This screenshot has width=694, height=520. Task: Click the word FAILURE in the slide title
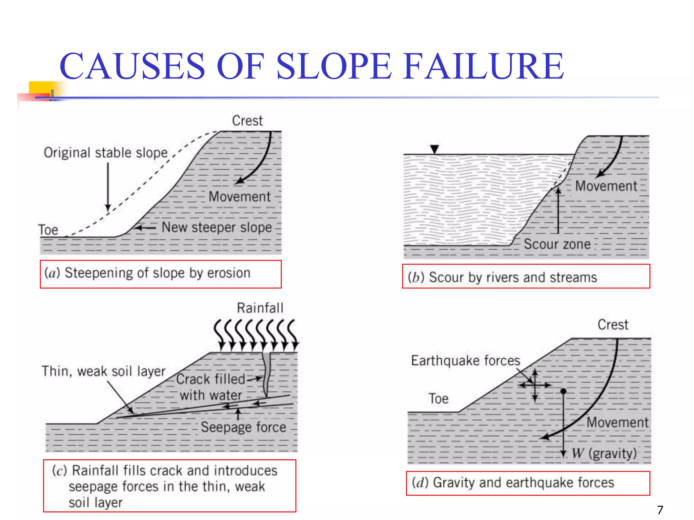coord(484,66)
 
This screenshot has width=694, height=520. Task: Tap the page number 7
coord(660,510)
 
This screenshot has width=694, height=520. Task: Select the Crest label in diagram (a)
coord(247,121)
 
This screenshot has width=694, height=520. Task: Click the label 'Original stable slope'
coord(106,153)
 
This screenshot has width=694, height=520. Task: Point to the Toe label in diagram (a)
coord(48,230)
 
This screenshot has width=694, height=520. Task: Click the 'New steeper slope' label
coord(217,227)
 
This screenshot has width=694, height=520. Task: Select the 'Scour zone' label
coord(557,244)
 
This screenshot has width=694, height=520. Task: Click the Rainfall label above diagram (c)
coord(260,308)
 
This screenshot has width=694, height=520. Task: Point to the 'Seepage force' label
coord(243,427)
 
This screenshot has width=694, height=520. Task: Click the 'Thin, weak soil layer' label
coord(103,371)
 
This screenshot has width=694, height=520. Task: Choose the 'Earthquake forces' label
coord(466,361)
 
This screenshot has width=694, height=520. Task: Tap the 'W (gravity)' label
coord(604,453)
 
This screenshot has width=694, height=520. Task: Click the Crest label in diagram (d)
coord(613,325)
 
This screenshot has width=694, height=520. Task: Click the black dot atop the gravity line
coord(564,391)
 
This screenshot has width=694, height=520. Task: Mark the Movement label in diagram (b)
coord(606,186)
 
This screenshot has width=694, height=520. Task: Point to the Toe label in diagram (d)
coord(438,399)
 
